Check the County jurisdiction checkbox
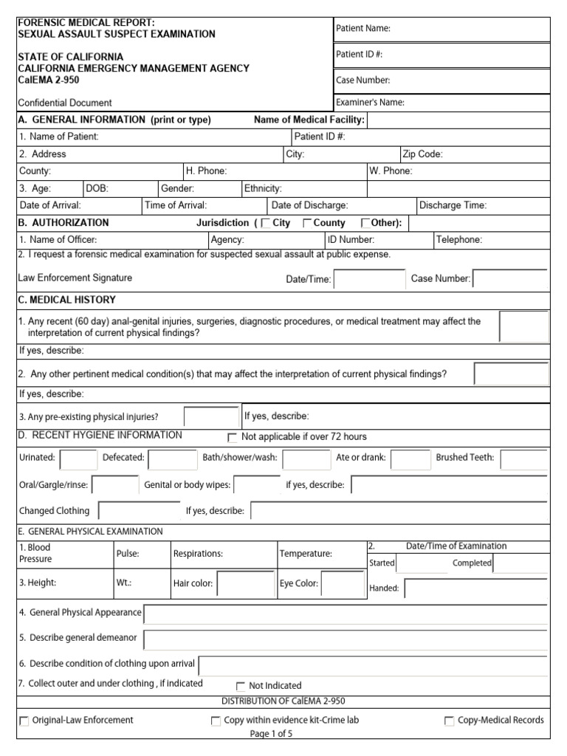tap(307, 224)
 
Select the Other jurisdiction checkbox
tap(365, 224)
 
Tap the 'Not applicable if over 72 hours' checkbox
tap(233, 437)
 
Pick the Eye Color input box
tap(342, 584)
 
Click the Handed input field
tap(475, 588)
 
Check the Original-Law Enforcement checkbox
tap(24, 721)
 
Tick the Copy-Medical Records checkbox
tap(449, 721)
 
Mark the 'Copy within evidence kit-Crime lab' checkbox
tap(216, 721)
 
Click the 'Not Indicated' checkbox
tap(241, 686)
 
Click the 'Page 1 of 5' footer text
tap(271, 734)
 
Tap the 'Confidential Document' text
tap(66, 103)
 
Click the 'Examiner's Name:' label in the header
tap(370, 103)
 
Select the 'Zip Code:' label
tap(422, 154)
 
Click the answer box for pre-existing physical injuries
tap(211, 417)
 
